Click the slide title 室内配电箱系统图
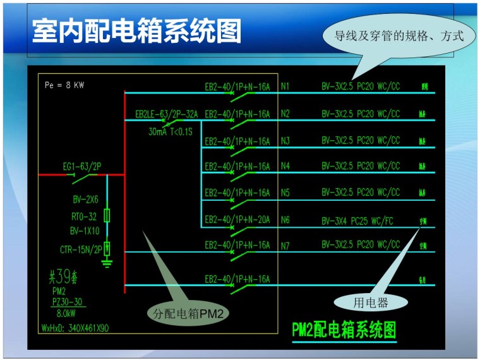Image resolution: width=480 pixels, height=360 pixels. (136, 30)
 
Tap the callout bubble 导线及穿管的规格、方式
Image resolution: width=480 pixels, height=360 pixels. (399, 37)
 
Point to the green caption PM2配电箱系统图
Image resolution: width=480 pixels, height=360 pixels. (344, 330)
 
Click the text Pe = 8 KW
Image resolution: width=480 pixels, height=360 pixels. (64, 85)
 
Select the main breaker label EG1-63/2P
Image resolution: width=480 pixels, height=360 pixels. (81, 167)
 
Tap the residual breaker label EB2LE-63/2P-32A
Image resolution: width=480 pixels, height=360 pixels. (166, 114)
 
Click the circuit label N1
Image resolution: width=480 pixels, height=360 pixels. (285, 86)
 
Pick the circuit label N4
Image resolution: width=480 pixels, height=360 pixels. (285, 166)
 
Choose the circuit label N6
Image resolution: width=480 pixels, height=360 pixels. (285, 220)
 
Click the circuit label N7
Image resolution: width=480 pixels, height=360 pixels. (285, 245)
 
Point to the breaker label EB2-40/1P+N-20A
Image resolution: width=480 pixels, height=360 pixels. (237, 220)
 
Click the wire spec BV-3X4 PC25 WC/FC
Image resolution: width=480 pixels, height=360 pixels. (357, 220)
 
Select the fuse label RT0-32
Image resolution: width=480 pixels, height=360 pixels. (83, 216)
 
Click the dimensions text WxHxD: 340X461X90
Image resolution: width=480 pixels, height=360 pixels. (75, 328)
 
